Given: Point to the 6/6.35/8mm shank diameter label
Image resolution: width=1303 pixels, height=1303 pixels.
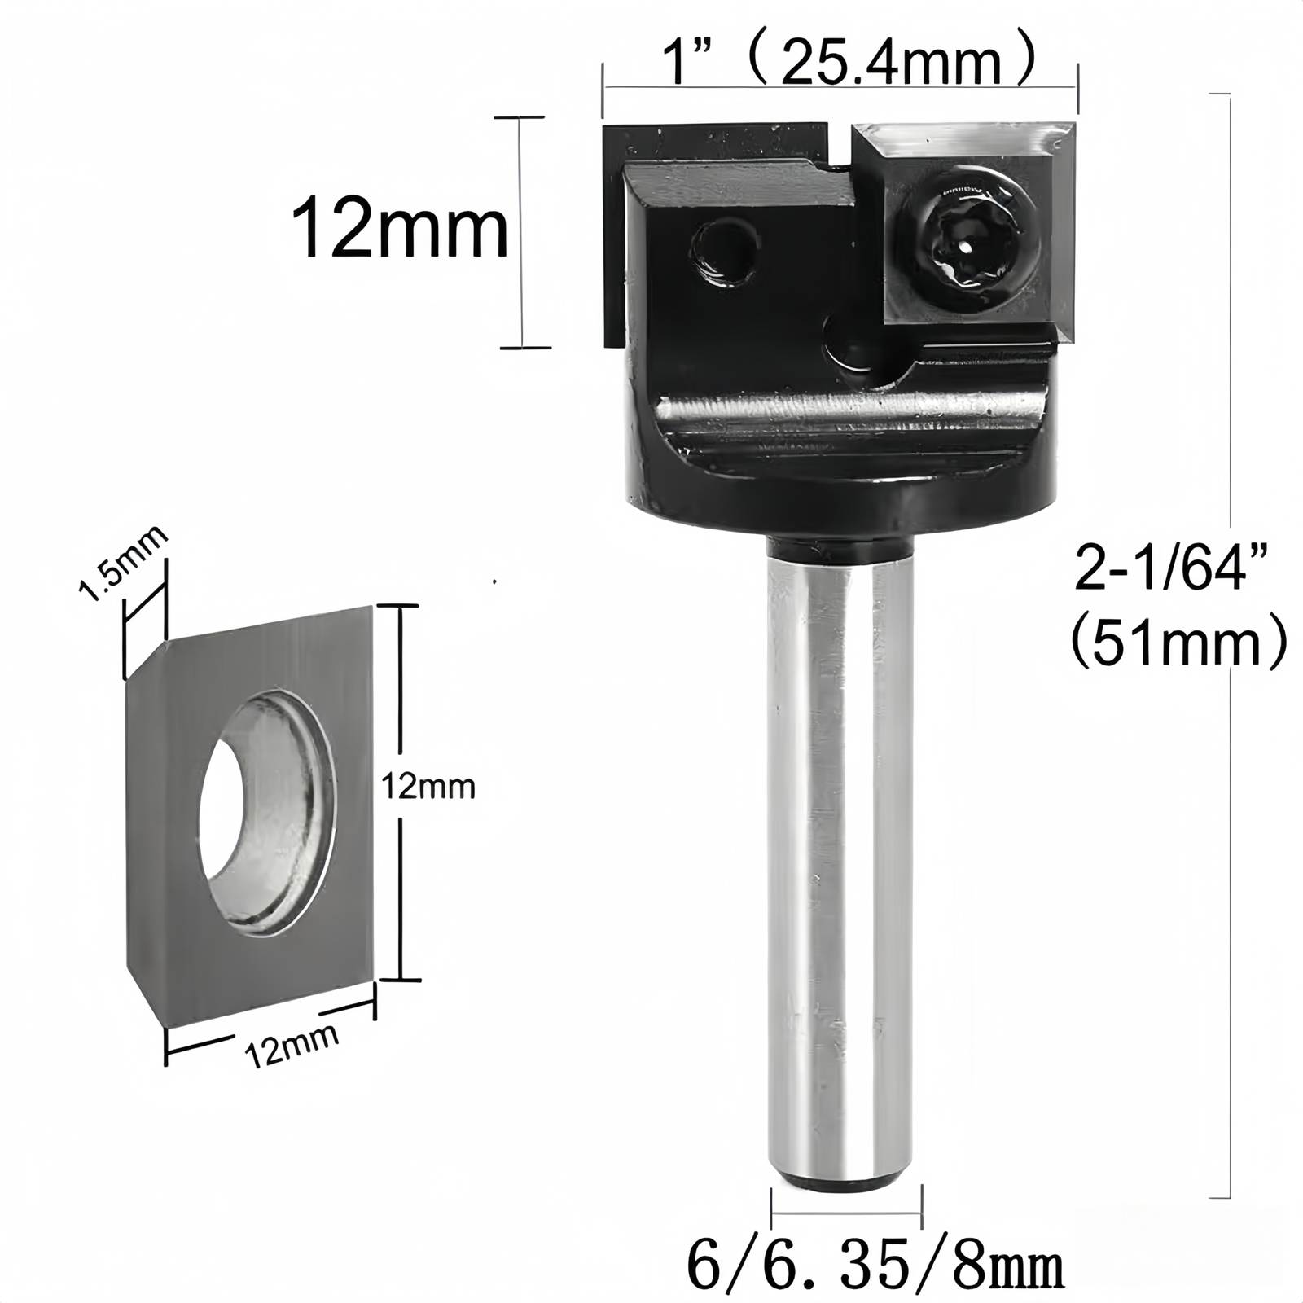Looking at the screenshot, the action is click(875, 1266).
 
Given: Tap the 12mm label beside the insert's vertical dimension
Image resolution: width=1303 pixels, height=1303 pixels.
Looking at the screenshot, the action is click(428, 788).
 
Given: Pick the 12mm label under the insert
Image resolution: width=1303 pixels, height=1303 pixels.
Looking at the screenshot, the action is click(292, 1045).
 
